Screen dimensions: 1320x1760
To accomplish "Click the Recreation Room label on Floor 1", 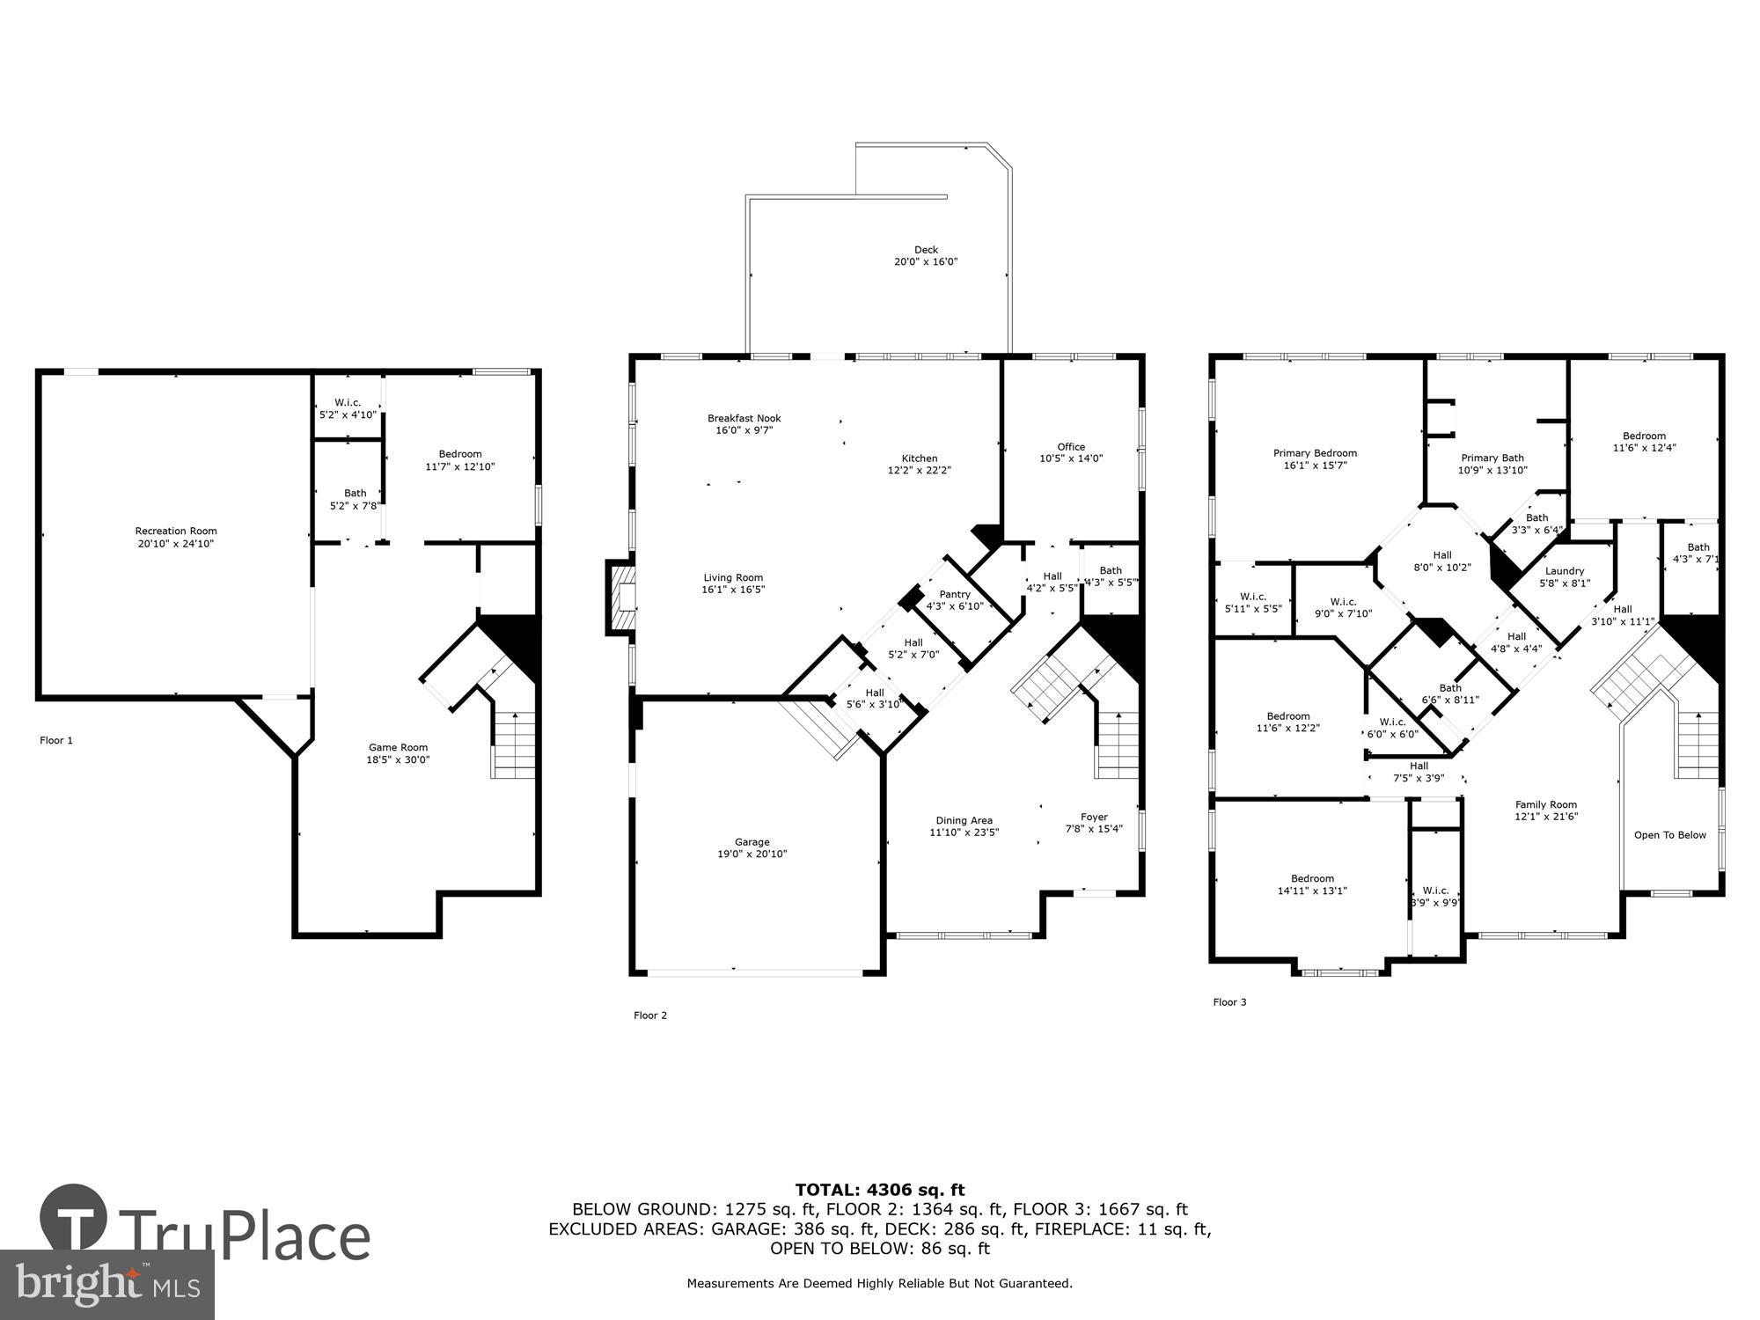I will [x=176, y=531].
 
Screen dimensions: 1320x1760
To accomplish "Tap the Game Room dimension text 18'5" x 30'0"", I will [x=398, y=760].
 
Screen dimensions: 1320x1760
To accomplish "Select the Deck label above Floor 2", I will [x=926, y=250].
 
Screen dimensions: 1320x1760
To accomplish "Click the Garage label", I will [x=752, y=842].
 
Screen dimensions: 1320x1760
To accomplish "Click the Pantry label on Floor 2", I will [x=955, y=595].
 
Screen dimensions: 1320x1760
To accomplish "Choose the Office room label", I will [x=1071, y=446].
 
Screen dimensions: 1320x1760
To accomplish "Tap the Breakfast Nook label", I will [x=744, y=419].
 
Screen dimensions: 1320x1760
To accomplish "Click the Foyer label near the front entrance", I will [x=1094, y=817].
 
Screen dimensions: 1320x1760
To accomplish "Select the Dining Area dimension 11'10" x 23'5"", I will [x=964, y=832].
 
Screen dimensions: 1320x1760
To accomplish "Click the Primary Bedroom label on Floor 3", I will [x=1315, y=453].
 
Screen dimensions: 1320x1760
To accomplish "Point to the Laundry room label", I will [x=1565, y=571].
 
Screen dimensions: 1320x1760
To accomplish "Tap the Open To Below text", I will [x=1669, y=835].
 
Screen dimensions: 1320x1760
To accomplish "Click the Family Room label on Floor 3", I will [x=1546, y=804].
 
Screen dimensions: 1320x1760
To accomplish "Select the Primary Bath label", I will [x=1492, y=458].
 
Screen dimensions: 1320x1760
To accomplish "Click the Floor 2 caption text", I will [x=650, y=1016].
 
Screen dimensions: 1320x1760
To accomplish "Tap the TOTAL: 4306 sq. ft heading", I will [x=880, y=1191].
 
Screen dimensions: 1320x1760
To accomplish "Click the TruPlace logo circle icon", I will [x=74, y=1218].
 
